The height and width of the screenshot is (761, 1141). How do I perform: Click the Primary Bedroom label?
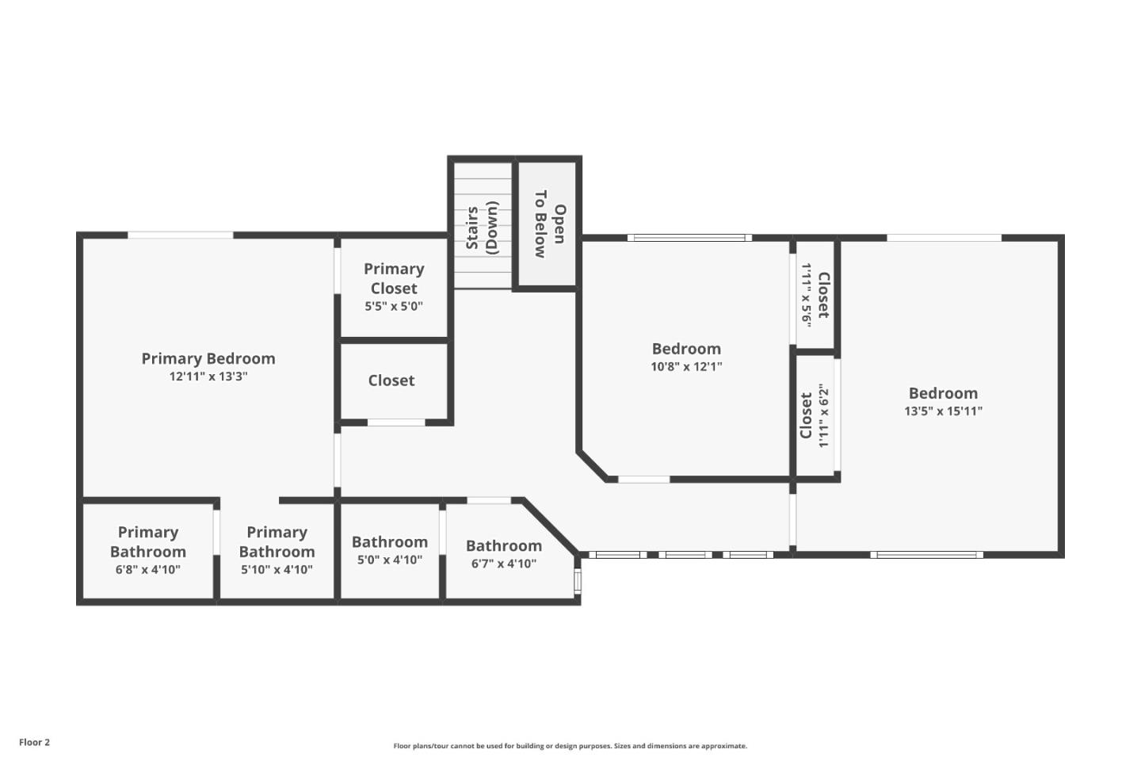coord(208,358)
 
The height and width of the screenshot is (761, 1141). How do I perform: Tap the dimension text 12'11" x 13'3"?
coord(208,377)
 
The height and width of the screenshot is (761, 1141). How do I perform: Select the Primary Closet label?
coord(394,278)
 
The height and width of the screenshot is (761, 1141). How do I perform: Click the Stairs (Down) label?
coord(482,227)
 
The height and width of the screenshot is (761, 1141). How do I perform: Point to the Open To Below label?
coord(549,224)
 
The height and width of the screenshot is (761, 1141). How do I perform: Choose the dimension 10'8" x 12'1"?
coord(686,367)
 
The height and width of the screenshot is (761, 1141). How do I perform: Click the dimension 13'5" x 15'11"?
coord(943,411)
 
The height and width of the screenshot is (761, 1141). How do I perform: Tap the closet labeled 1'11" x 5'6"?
coord(815,295)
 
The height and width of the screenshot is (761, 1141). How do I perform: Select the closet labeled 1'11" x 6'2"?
coord(815,415)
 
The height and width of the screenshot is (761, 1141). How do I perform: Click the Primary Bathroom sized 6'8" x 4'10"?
coord(148,550)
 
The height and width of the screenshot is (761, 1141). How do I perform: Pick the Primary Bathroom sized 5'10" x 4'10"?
coord(277,550)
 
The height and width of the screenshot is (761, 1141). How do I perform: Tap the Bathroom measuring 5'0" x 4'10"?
coord(389,550)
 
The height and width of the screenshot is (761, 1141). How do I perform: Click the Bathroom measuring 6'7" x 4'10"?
coord(504,553)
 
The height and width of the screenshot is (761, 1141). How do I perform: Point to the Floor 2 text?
coord(34,743)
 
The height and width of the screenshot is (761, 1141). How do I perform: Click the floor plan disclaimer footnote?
coord(570,746)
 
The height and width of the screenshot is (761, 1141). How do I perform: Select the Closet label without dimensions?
coord(391,380)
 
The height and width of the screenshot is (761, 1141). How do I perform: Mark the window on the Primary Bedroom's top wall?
coord(181,235)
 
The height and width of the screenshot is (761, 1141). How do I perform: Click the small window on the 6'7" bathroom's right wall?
coord(578,581)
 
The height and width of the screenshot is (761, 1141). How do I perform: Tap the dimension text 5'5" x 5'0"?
coord(394,307)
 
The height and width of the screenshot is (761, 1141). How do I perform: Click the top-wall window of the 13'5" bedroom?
coord(944,238)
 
